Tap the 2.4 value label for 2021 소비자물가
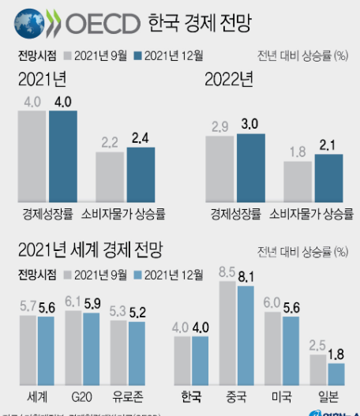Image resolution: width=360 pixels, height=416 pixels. tap(141, 139)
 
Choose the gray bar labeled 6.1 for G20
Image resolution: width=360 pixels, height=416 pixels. tap(73, 347)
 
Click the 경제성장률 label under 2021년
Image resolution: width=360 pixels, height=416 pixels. tap(47, 214)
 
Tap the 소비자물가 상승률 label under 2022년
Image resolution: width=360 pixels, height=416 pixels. tap(312, 214)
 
